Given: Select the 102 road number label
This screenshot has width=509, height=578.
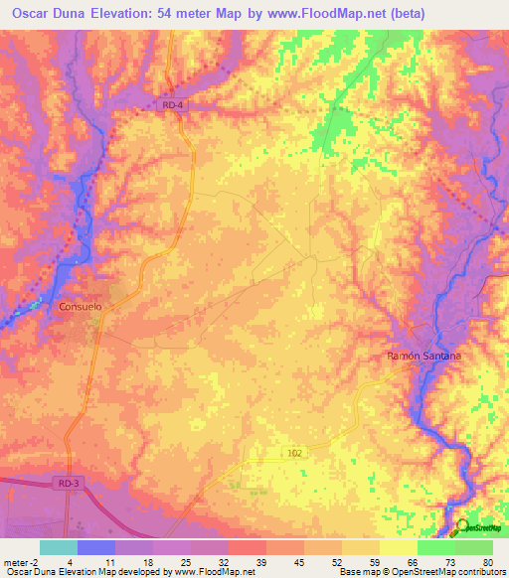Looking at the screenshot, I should pyautogui.click(x=295, y=451).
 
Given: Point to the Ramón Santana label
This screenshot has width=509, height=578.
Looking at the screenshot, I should pyautogui.click(x=425, y=355).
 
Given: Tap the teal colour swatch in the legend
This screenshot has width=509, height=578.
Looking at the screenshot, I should pyautogui.click(x=59, y=547).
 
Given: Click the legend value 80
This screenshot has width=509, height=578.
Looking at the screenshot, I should pyautogui.click(x=487, y=561).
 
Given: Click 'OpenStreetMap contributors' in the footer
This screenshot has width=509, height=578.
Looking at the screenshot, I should pyautogui.click(x=445, y=572).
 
